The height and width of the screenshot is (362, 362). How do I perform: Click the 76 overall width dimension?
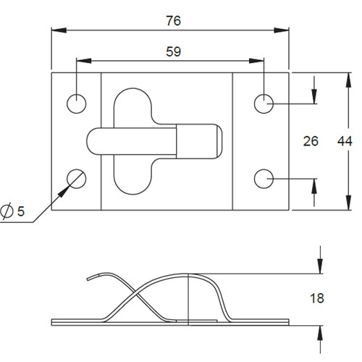172,20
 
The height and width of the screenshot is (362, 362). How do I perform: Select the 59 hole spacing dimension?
173,51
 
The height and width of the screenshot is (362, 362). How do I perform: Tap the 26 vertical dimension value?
311,141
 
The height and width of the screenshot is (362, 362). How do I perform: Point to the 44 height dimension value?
345,141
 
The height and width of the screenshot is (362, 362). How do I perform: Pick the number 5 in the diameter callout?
21,211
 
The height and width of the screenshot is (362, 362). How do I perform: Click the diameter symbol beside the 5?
7,211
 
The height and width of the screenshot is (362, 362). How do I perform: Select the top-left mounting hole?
77,104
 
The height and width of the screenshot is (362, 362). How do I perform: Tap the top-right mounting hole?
264,104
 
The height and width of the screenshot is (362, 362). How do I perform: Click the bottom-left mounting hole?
77,177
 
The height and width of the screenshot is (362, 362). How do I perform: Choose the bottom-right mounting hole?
264,177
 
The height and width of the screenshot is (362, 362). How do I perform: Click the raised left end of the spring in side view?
90,277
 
